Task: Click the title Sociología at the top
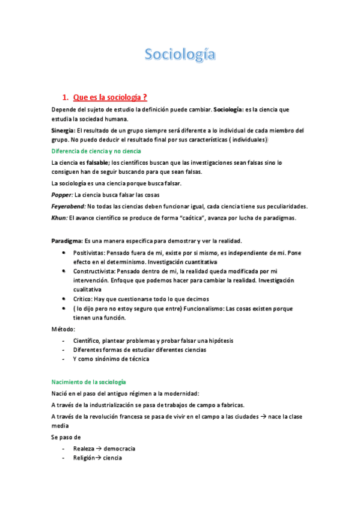(180, 55)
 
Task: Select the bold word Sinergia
(63, 131)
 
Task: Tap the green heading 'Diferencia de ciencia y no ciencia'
(96, 150)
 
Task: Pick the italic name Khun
(59, 217)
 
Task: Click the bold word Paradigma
(67, 241)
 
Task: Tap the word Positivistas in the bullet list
(91, 253)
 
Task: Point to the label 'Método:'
(63, 330)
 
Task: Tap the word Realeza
(85, 448)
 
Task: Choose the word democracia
(119, 448)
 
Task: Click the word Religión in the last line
(85, 458)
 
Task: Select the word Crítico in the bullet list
(83, 299)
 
